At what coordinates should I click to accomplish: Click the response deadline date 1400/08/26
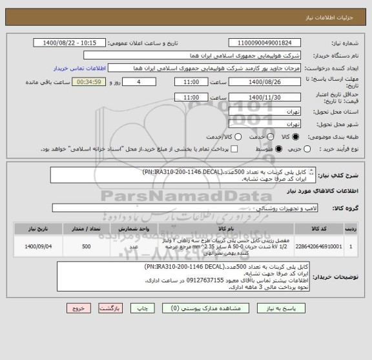click(x=264, y=83)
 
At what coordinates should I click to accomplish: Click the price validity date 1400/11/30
click(x=264, y=97)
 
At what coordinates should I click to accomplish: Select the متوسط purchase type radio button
click(x=278, y=149)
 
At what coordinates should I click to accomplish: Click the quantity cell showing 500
click(x=86, y=246)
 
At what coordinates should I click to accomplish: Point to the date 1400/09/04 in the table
click(x=39, y=246)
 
